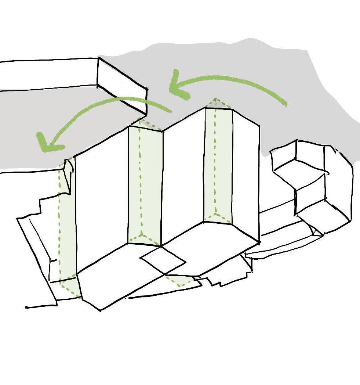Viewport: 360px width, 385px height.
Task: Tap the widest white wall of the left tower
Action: tap(102, 198)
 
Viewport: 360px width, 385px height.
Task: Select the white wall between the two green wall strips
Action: tap(183, 176)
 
